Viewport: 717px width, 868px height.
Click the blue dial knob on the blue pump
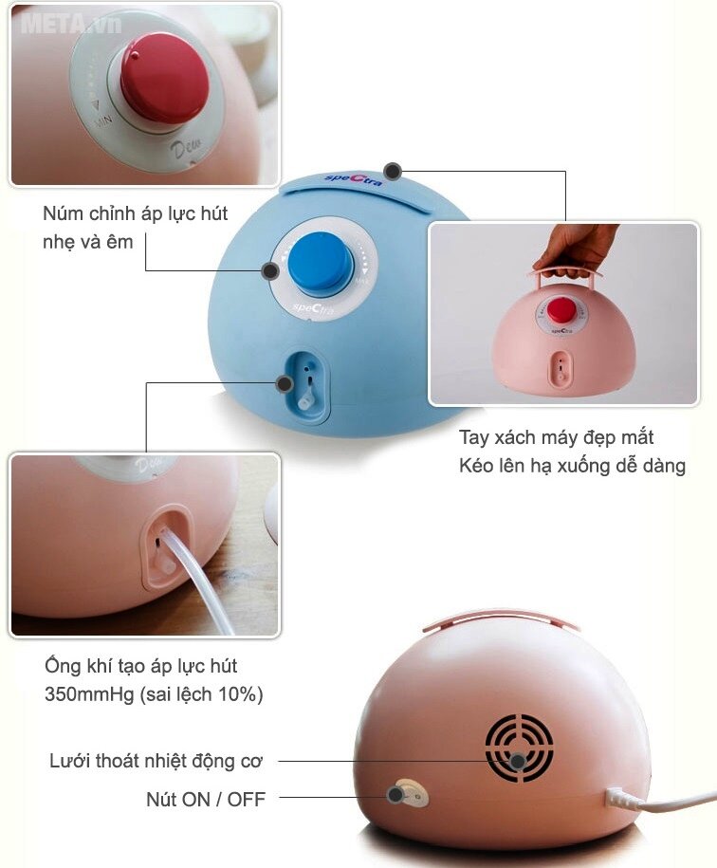click(321, 265)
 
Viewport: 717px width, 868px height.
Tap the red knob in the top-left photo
click(165, 80)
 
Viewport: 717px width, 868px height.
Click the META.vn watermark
click(71, 24)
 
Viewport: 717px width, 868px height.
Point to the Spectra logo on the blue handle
click(353, 179)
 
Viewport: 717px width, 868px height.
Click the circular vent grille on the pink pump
click(519, 748)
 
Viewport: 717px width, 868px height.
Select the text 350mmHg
click(89, 694)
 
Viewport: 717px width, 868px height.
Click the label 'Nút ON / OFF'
click(206, 800)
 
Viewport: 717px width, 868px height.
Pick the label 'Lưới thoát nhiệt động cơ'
click(156, 761)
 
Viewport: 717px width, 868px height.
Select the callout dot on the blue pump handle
click(393, 171)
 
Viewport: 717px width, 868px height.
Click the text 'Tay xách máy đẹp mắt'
click(556, 437)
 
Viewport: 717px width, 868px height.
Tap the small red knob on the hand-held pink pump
click(561, 310)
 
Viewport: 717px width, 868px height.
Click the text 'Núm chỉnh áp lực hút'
click(135, 213)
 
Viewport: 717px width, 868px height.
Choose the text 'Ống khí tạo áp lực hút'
click(140, 665)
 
